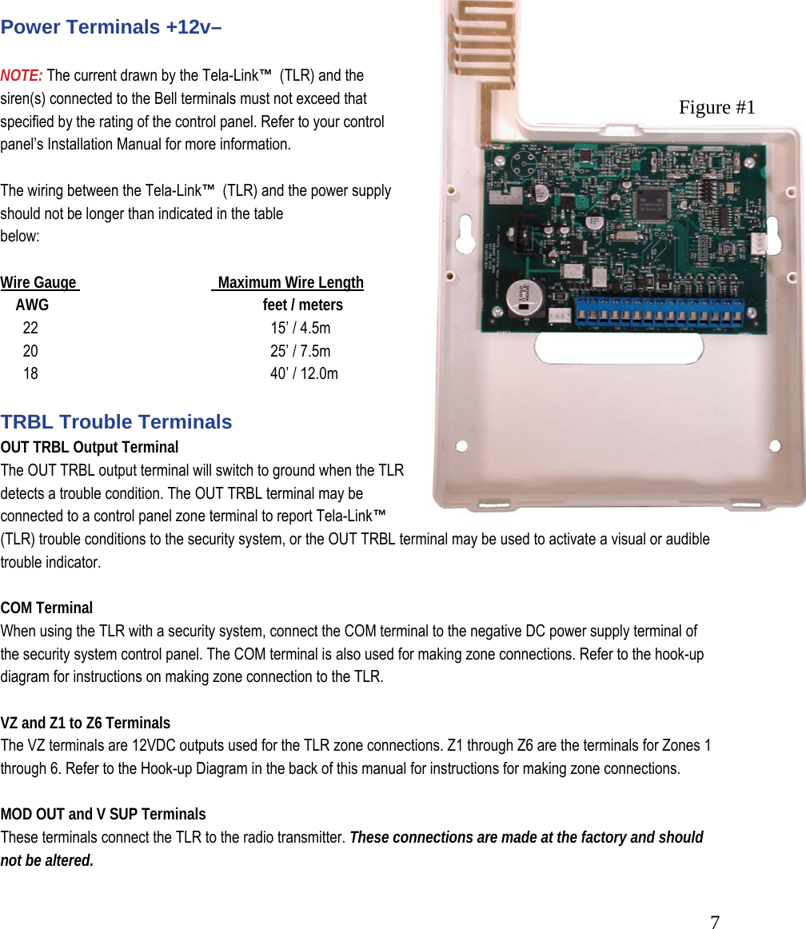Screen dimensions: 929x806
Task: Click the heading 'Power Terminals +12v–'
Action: tap(111, 27)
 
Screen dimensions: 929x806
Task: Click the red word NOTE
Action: tap(22, 76)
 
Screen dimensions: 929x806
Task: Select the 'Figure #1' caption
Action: tap(716, 107)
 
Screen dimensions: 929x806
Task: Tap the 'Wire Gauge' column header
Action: tap(39, 283)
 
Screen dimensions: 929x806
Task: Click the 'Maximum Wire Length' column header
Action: tap(290, 283)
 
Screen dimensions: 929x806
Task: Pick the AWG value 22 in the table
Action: tap(30, 328)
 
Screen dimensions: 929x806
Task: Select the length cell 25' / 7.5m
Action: tap(300, 351)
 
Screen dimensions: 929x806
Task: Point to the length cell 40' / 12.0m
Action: tap(304, 373)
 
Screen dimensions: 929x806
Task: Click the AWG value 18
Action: tap(30, 373)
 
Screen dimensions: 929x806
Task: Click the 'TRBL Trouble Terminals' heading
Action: tap(116, 422)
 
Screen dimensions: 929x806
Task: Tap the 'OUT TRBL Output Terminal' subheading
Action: tap(90, 447)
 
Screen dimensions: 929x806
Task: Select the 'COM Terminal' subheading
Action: tap(46, 608)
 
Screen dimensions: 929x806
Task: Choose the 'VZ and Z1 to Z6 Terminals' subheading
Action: tap(86, 724)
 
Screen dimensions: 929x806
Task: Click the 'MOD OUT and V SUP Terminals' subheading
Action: tap(103, 815)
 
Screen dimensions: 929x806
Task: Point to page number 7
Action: tap(715, 922)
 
